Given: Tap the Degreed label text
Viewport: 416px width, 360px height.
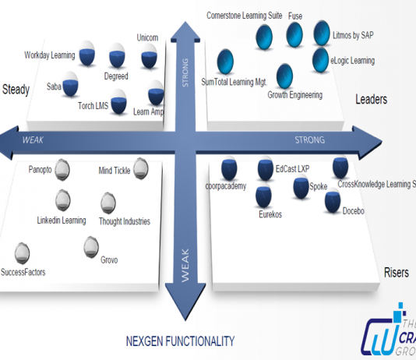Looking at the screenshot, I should click(x=116, y=76).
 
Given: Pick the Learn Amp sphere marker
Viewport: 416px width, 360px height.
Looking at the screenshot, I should click(x=155, y=90).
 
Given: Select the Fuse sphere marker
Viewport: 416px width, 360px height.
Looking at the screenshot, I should click(x=294, y=35).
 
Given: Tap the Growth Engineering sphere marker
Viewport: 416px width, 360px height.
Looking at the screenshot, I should click(x=285, y=76).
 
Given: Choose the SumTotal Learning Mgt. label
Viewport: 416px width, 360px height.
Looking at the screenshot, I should click(x=233, y=81).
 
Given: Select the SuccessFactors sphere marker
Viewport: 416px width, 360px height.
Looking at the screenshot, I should click(x=23, y=252).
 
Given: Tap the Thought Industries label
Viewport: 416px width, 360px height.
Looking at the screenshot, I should click(x=124, y=221).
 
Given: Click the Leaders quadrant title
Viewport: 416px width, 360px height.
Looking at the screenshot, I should click(x=371, y=99).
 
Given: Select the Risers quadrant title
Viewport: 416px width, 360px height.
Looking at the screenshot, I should click(x=396, y=273).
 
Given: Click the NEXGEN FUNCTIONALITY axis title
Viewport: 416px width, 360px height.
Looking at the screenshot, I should click(x=180, y=341).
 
